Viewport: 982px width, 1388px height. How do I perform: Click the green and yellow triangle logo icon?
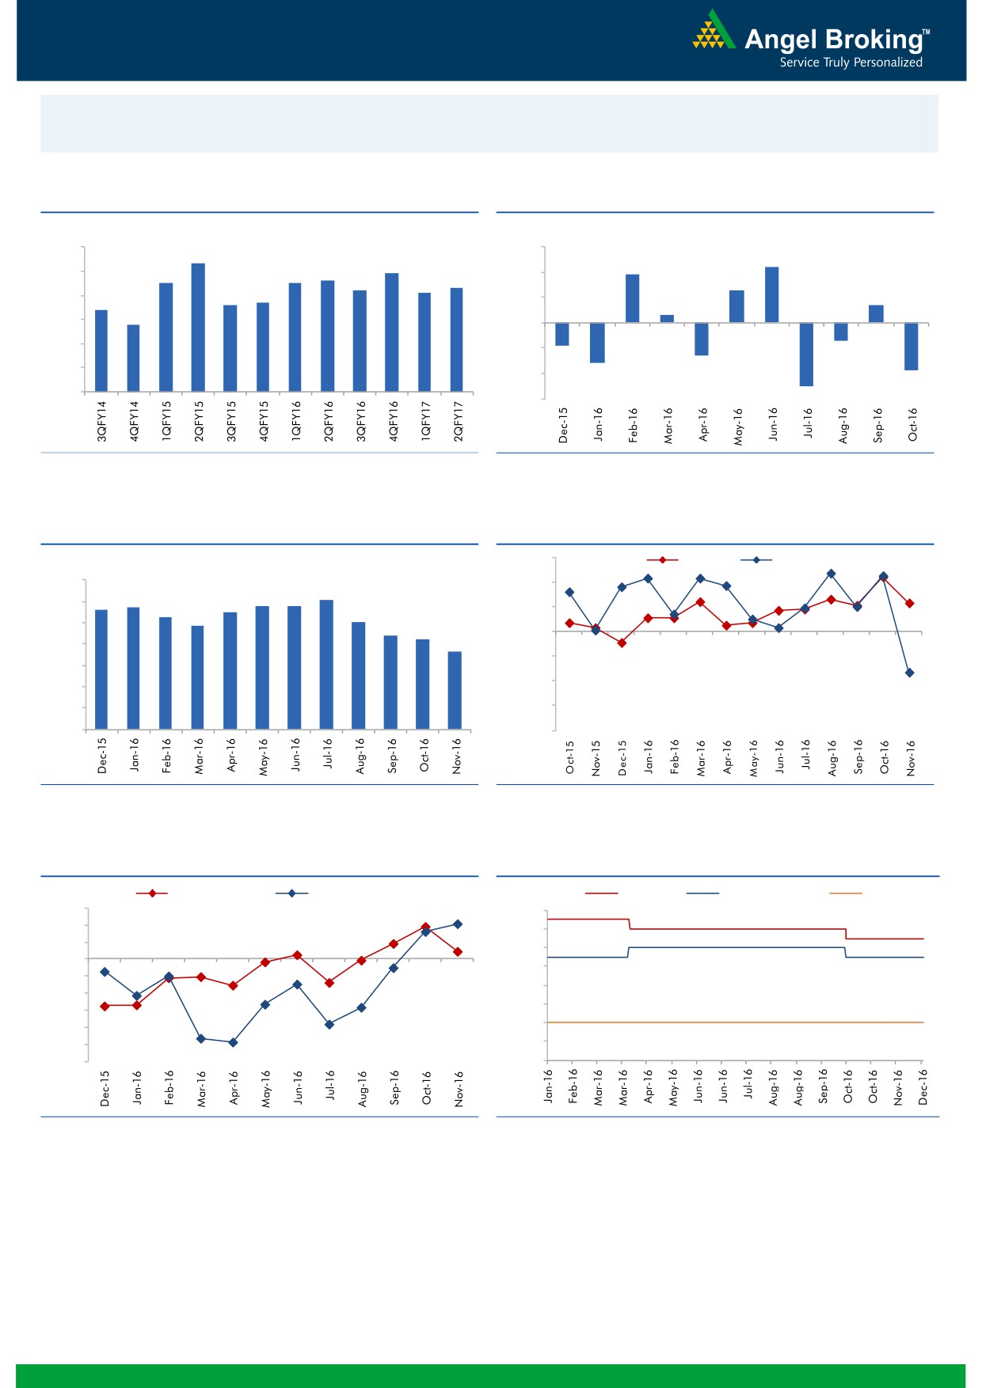[714, 32]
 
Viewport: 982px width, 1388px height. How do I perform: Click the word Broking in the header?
[873, 40]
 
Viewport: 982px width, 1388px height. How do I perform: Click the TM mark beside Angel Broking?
[927, 33]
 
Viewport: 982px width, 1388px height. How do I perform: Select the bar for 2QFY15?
[198, 327]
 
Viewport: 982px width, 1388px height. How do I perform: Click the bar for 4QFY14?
[133, 358]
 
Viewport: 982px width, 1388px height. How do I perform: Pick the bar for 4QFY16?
[391, 332]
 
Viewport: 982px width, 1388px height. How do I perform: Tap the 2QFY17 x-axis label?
[458, 421]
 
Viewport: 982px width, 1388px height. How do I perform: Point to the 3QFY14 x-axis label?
[101, 421]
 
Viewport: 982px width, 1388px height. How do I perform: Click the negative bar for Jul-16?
[806, 354]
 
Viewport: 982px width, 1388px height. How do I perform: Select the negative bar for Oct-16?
[911, 346]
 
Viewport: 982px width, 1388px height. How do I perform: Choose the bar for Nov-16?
[455, 690]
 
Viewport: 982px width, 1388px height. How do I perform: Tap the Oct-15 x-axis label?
[570, 757]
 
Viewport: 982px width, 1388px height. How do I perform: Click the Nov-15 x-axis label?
[596, 757]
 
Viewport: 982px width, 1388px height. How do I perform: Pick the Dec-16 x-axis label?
[923, 1087]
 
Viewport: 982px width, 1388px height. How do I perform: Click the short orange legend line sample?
[845, 893]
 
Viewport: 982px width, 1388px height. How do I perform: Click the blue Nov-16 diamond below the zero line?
[910, 673]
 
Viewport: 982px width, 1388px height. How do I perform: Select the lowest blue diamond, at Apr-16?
[233, 1042]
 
